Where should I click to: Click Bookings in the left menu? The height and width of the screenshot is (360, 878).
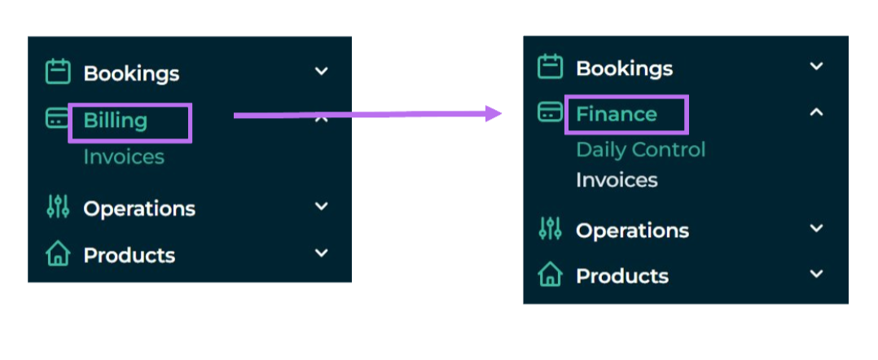pos(132,74)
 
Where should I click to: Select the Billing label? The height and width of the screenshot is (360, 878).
pos(116,121)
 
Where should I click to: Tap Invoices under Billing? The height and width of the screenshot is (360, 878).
pos(124,156)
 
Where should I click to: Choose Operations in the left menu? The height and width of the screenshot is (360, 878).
pos(139,209)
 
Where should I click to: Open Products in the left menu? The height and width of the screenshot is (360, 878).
pos(130,255)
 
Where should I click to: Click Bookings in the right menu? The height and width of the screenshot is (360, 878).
pos(625,69)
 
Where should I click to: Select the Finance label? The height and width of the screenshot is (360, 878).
pos(617,114)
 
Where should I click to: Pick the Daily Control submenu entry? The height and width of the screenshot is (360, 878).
pos(641,150)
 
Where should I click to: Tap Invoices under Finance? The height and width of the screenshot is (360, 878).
pos(617,180)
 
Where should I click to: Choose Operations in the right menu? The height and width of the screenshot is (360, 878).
pos(633,230)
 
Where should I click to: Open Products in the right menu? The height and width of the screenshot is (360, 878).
pos(622,276)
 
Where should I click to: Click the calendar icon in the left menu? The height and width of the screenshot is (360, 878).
pos(58,72)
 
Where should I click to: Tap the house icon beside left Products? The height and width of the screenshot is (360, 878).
pos(58,254)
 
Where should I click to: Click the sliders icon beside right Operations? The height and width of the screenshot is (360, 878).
pos(550,228)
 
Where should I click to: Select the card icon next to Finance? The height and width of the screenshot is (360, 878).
pos(550,112)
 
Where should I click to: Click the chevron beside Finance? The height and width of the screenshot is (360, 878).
pos(817,112)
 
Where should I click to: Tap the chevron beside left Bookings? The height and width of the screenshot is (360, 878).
pos(322,71)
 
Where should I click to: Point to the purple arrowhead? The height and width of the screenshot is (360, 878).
pos(494,114)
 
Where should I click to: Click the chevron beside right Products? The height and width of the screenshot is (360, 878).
pos(817,274)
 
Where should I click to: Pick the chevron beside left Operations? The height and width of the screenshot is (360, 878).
pos(322,206)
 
